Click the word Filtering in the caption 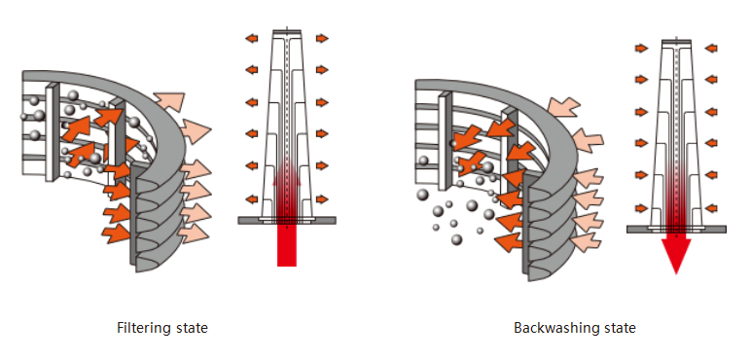(143, 329)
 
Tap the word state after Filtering (191, 329)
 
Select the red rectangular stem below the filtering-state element (287, 245)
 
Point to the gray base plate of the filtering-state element (287, 220)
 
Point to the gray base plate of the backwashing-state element (676, 230)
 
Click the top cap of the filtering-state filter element (287, 32)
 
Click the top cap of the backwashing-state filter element (676, 42)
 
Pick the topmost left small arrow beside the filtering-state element (251, 38)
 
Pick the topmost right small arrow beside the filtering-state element (322, 38)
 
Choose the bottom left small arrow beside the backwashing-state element (641, 208)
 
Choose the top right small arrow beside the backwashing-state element (711, 48)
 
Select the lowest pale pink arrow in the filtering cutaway (194, 234)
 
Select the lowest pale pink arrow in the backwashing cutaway (587, 241)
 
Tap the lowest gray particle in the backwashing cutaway (457, 239)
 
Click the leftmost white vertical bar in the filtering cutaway (52, 132)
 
